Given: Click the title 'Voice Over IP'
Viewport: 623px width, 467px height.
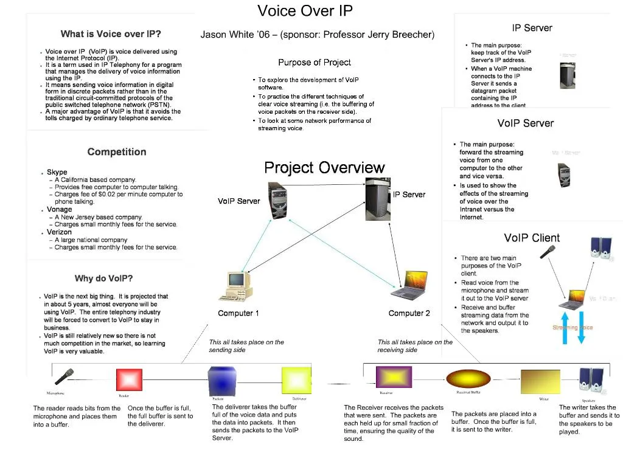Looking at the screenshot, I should (305, 11).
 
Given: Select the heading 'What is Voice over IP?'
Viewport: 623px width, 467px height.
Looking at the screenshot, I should (111, 34).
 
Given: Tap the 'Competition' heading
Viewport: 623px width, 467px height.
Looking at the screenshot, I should (117, 152).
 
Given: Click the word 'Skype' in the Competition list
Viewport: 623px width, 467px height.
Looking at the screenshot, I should (57, 172).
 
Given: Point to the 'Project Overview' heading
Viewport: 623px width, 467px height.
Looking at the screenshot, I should (324, 168).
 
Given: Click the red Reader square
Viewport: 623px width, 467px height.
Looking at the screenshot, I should (129, 380).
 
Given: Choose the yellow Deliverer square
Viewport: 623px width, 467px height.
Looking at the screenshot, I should (296, 381).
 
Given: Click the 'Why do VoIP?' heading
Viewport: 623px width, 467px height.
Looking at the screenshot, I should (103, 278).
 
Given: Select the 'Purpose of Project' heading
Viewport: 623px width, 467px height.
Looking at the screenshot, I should (315, 63).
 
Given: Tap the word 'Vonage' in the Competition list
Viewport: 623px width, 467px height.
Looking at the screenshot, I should (60, 210).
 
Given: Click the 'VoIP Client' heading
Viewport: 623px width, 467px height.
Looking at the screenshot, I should (532, 238).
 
